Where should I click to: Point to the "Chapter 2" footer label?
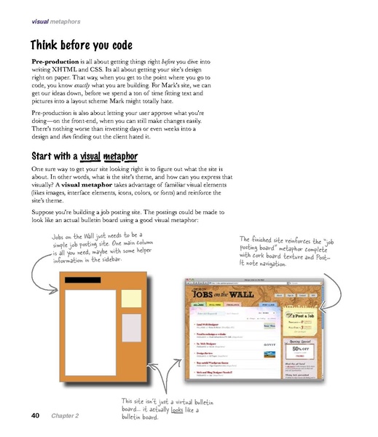pos(65,416)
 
